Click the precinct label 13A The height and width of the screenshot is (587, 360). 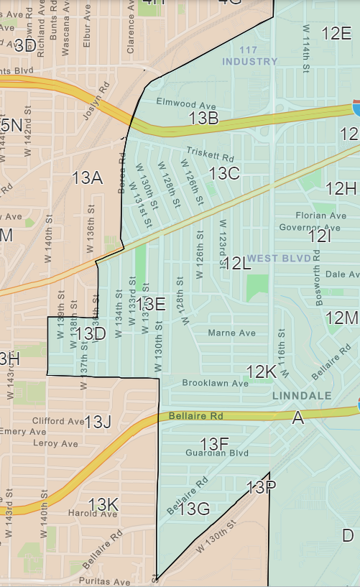86,177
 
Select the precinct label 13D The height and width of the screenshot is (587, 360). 91,333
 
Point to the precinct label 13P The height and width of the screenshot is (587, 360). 261,488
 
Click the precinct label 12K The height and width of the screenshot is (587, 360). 261,371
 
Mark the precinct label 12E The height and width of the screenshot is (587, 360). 336,33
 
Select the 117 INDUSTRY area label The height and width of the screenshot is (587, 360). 249,56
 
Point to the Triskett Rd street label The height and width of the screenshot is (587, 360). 210,153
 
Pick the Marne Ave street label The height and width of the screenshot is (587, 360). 231,333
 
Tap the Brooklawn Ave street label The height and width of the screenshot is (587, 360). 215,383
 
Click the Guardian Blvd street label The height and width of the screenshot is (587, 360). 216,453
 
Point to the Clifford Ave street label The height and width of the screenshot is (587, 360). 57,420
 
